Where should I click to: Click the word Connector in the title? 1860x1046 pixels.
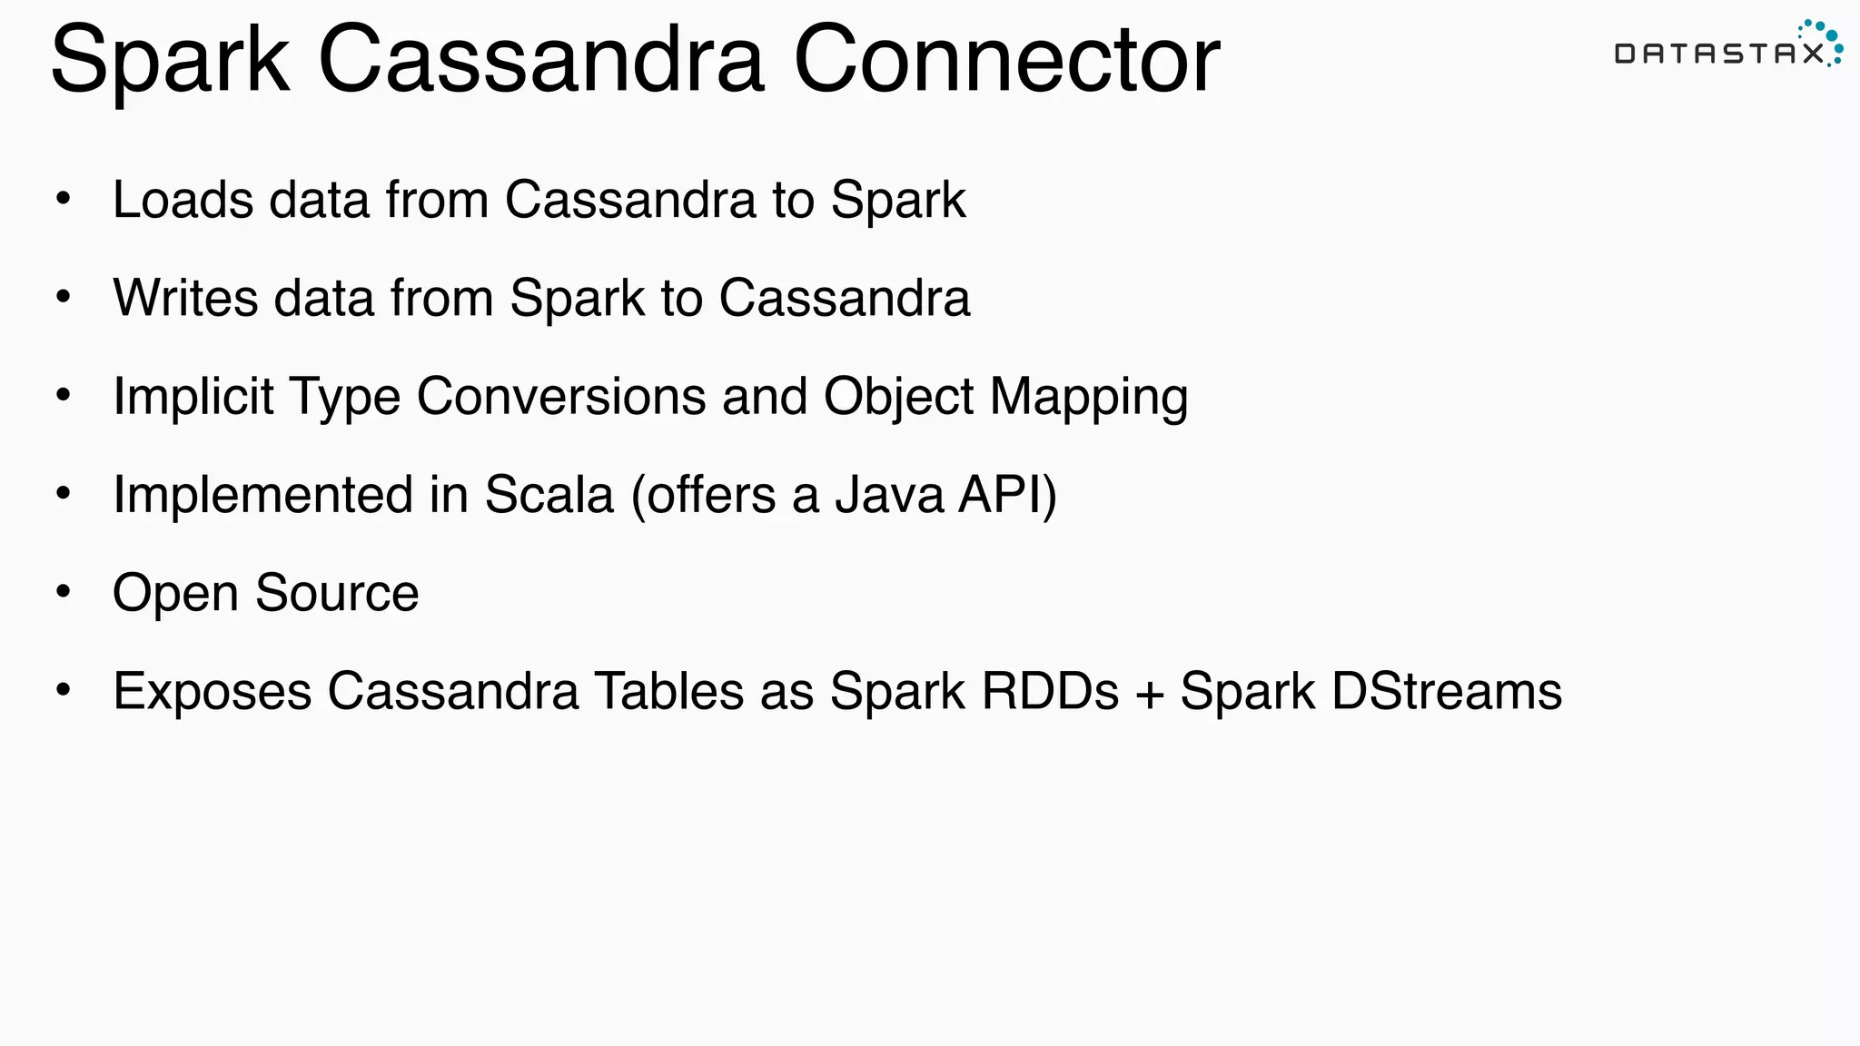1006,60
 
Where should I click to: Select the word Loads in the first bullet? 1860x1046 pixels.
183,200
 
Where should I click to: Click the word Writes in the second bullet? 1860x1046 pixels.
185,298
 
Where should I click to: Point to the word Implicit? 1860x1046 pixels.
193,397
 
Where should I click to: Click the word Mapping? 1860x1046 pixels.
1088,399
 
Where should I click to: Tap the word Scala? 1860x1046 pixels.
549,495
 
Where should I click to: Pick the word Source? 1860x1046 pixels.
337,593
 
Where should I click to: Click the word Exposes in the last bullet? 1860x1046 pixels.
212,692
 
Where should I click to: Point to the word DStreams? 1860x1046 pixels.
1447,691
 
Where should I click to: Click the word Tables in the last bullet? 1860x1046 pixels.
668,691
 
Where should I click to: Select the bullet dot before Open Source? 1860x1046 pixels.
63,592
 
